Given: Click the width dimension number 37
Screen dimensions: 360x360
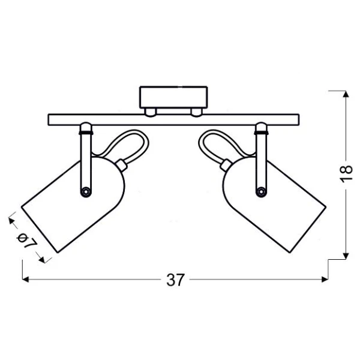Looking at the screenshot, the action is [x=175, y=280].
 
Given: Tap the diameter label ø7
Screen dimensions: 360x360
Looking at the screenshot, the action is [x=26, y=240].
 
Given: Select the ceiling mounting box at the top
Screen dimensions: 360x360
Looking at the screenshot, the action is [x=173, y=97].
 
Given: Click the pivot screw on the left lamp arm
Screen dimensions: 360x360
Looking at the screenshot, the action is [x=86, y=191].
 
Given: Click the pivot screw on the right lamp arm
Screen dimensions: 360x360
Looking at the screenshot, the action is [x=261, y=191].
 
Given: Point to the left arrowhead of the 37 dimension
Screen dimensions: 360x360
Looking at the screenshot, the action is [x=25, y=280].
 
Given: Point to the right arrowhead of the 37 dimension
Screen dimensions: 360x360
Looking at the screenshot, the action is [x=325, y=280].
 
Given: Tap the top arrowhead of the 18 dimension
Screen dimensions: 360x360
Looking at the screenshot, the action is [x=346, y=94].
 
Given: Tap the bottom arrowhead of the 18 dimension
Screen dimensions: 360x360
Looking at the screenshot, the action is [x=346, y=256].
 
